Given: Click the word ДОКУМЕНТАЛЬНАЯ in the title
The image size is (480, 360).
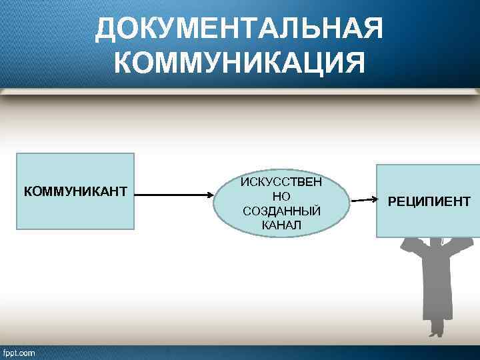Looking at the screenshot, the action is pyautogui.click(x=239, y=30).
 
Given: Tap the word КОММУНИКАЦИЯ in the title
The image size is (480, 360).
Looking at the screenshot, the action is pyautogui.click(x=239, y=64).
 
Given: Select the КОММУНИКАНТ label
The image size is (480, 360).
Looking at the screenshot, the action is pyautogui.click(x=75, y=192).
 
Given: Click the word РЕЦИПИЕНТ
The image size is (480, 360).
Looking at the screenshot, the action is pyautogui.click(x=429, y=201).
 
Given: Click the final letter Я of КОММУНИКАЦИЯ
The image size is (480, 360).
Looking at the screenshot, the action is pyautogui.click(x=353, y=64).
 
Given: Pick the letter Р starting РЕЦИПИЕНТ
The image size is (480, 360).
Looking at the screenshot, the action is pyautogui.click(x=392, y=201).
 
